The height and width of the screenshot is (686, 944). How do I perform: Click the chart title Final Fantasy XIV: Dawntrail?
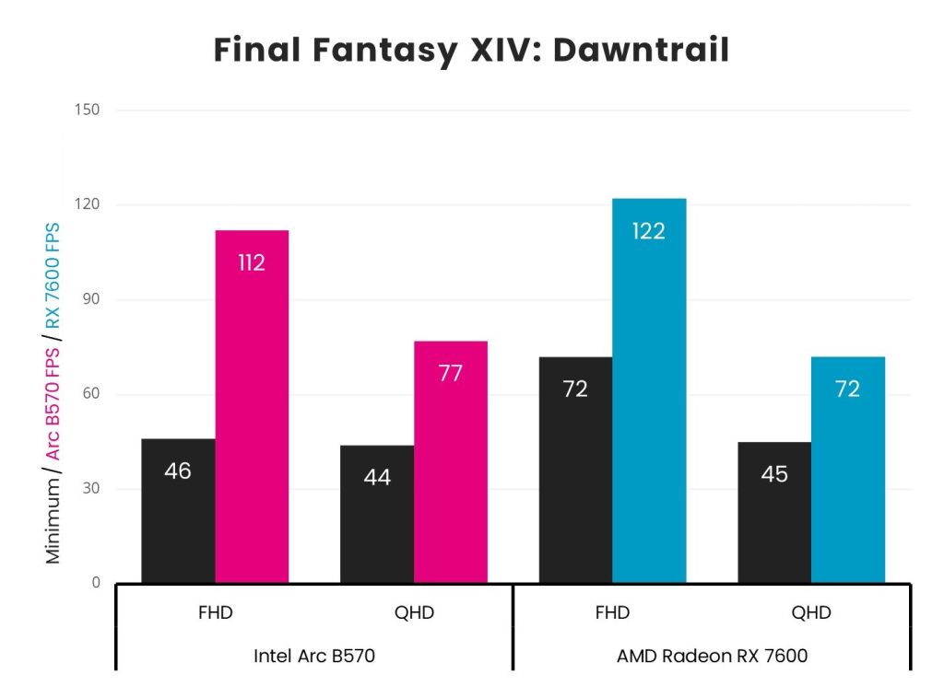[471, 50]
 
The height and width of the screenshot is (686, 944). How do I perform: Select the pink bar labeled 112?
[252, 405]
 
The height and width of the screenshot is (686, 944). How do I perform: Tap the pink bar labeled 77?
[451, 460]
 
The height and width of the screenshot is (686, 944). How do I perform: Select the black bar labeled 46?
[178, 510]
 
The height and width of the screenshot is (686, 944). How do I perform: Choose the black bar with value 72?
[575, 470]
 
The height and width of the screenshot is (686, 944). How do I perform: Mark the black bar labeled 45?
[774, 512]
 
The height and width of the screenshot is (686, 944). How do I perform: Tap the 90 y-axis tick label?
[91, 300]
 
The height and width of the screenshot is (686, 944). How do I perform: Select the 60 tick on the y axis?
[91, 394]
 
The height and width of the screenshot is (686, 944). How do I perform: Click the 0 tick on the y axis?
[96, 583]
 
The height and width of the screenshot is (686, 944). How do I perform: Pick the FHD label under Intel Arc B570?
[214, 613]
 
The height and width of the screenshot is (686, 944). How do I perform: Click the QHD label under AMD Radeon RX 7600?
[811, 613]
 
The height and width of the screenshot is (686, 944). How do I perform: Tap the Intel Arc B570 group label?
[314, 657]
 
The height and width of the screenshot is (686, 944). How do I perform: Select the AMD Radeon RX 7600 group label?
[712, 657]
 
